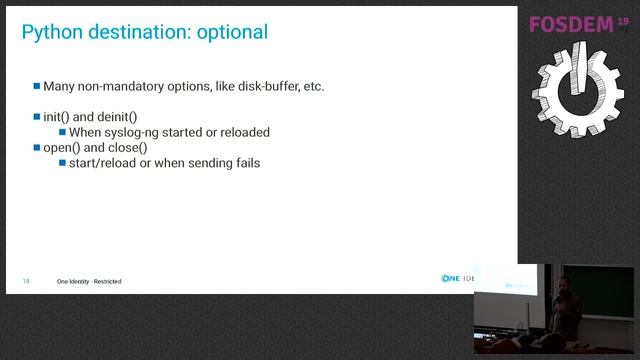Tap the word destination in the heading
point(134,32)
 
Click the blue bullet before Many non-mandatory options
point(37,86)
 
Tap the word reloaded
point(243,132)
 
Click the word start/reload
point(104,162)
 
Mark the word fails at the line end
point(245,162)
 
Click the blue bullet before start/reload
point(62,162)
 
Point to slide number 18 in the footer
point(26,281)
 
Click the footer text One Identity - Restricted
point(89,281)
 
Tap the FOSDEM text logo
point(569,25)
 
